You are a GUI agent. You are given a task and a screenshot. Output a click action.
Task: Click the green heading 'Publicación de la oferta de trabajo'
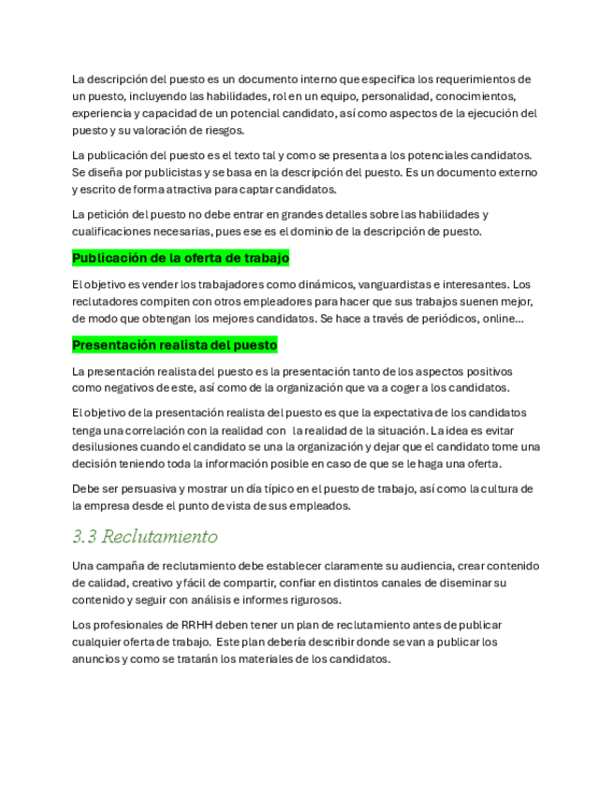coord(181,258)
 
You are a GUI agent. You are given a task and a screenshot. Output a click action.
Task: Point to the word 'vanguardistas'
coord(395,284)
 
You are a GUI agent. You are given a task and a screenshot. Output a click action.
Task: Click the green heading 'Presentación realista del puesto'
coord(175,345)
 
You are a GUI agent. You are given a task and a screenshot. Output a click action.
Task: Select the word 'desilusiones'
coord(107,447)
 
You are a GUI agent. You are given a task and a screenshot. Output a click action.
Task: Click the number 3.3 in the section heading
coord(84,537)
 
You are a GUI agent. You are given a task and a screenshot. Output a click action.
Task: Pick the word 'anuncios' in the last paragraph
coord(95,658)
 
